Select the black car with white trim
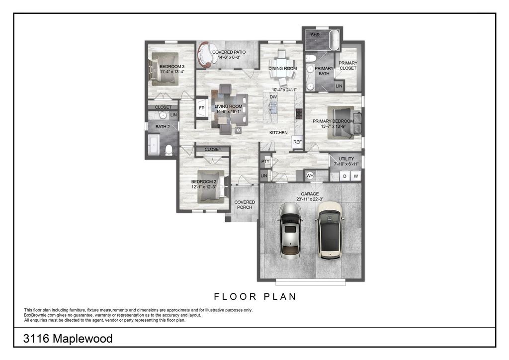tap(328, 229)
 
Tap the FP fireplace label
tap(202, 107)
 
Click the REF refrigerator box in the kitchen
tap(297, 142)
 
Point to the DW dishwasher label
tap(273, 97)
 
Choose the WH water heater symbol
tap(310, 176)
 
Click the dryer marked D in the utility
tap(344, 176)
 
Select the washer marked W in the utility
tap(356, 176)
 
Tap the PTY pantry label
tap(265, 161)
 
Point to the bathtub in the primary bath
tap(334, 40)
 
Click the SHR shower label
tap(315, 35)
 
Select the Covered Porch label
tap(245, 205)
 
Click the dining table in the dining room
tap(282, 68)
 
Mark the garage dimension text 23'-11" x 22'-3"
tap(310, 199)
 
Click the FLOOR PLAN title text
tap(255, 297)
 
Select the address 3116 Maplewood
tap(68, 339)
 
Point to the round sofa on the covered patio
tap(204, 54)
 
